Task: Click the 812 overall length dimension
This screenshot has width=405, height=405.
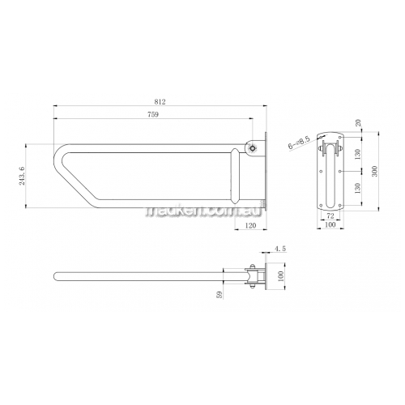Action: (160, 102)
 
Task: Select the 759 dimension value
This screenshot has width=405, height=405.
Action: (153, 114)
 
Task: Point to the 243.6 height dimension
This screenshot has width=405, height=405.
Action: (22, 176)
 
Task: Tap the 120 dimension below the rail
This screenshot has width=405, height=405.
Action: (250, 225)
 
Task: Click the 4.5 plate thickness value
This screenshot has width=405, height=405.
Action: (279, 249)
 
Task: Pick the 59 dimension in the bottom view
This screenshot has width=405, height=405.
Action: (220, 295)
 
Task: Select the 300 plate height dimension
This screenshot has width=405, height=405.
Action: (374, 171)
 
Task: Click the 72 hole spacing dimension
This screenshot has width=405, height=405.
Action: (330, 215)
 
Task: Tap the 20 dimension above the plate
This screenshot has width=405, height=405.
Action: (358, 123)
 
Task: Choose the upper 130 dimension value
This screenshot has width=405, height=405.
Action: (357, 154)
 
